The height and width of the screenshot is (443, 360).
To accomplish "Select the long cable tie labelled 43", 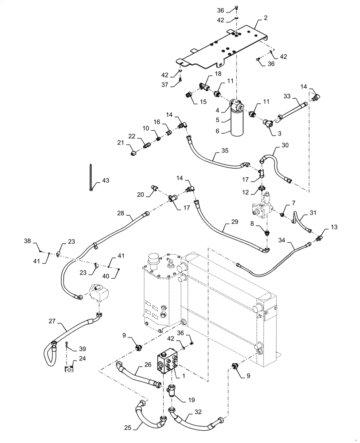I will (x=90, y=177).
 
